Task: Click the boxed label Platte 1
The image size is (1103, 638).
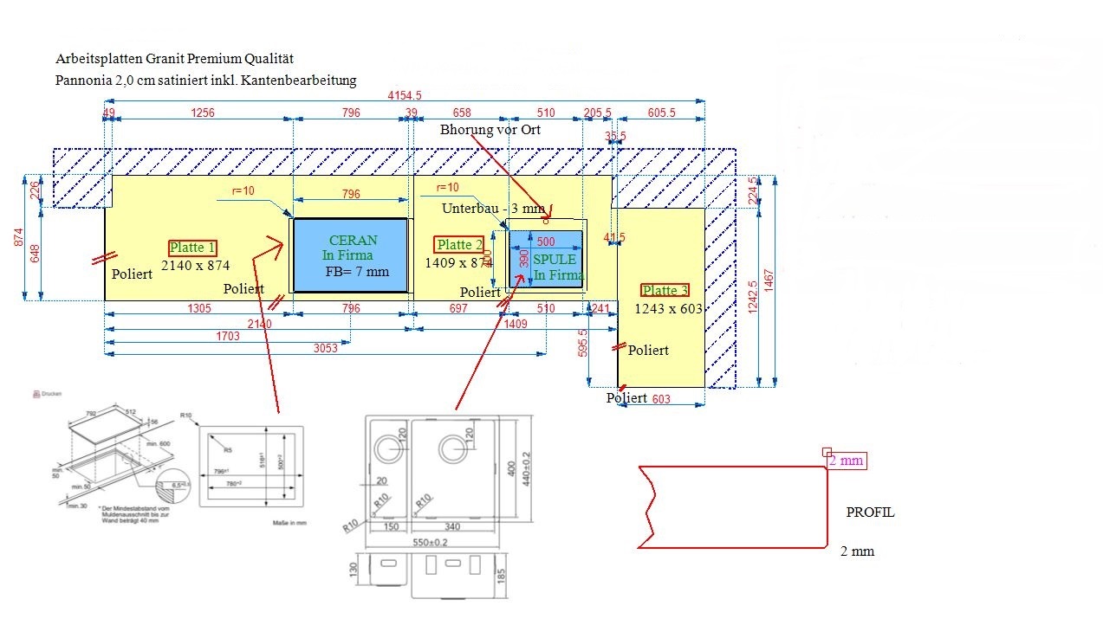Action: (x=193, y=248)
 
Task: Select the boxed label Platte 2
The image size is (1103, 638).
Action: (x=459, y=245)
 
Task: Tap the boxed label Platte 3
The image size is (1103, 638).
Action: (x=665, y=291)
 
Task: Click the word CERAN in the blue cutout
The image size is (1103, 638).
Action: (x=354, y=241)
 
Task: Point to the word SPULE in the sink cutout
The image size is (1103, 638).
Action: (x=555, y=260)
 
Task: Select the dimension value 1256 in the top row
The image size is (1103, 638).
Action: (x=203, y=113)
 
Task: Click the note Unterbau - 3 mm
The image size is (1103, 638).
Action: (x=494, y=209)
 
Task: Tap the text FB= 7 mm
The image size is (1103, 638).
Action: (x=358, y=272)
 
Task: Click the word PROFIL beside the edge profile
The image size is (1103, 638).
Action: (x=870, y=512)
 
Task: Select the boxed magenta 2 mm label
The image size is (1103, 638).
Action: (x=847, y=461)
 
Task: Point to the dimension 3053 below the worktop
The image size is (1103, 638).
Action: (x=325, y=348)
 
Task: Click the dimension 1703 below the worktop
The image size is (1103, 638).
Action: (x=228, y=337)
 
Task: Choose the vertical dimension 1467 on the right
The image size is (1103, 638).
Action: (x=769, y=280)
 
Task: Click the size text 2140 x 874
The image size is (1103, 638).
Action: (x=195, y=266)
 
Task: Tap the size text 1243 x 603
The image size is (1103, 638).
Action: (x=668, y=309)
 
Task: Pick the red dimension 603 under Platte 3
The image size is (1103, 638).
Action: (x=661, y=399)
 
